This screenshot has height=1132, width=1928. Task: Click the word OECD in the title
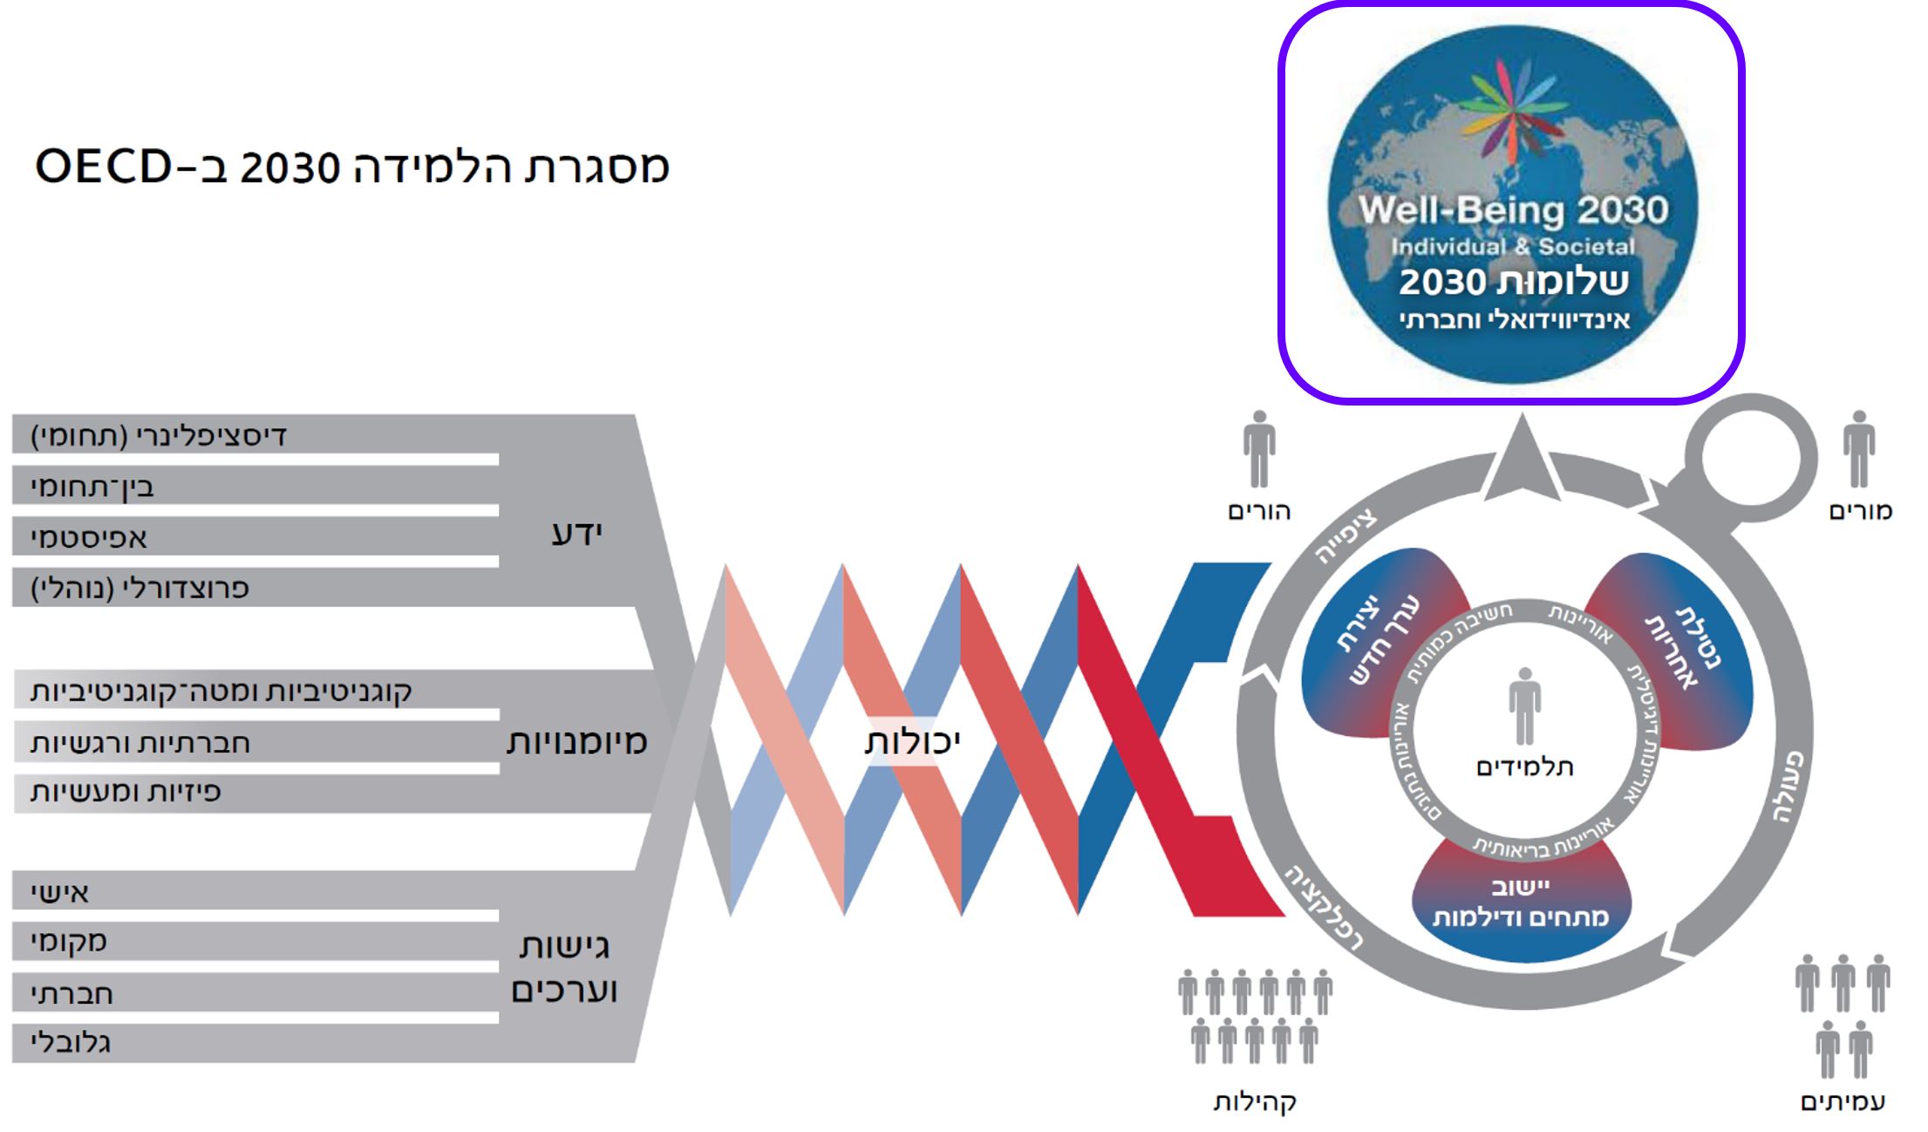(103, 166)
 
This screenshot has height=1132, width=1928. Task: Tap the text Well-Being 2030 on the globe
(1514, 210)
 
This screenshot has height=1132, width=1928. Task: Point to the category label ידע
(576, 533)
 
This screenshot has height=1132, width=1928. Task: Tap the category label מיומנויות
(576, 741)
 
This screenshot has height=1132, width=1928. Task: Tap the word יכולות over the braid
(912, 741)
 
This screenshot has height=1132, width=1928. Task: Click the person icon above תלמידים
(1524, 706)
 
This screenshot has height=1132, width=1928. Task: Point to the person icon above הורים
(1259, 449)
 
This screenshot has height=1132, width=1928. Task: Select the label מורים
(1860, 511)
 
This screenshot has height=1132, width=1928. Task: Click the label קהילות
(1255, 1101)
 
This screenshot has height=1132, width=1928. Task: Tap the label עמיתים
(1843, 1101)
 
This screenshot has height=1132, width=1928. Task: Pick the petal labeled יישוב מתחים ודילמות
(1521, 904)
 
